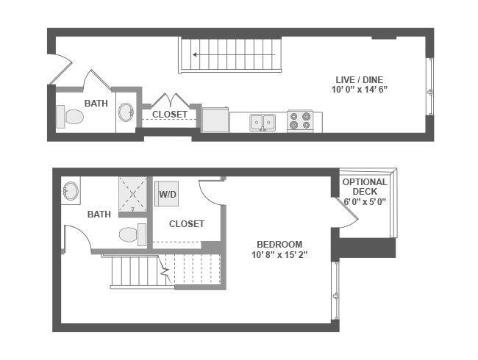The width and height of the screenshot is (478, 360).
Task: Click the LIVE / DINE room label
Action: (359, 80)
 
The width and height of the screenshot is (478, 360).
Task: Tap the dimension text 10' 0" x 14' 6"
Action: (360, 90)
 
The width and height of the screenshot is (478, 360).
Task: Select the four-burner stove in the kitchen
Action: (300, 121)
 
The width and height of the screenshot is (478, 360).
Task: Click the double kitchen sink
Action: (263, 122)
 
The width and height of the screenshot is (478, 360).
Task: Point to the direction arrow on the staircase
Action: (234, 55)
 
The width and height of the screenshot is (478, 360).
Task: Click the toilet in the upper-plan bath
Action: (70, 117)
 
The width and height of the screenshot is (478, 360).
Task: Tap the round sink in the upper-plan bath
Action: (126, 112)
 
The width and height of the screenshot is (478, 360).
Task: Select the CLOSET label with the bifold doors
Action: (170, 115)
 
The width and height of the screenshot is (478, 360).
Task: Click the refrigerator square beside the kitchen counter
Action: (215, 120)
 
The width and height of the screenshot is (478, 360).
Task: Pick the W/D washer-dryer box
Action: (167, 194)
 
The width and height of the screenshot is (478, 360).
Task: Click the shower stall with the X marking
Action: (133, 194)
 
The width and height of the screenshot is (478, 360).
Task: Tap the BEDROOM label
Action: (279, 244)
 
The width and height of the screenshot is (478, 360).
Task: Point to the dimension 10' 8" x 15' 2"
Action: (279, 255)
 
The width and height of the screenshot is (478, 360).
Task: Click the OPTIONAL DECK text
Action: (365, 187)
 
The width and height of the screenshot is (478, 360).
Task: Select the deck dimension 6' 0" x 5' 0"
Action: (365, 201)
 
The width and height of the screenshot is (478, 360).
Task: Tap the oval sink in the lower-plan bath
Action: (71, 191)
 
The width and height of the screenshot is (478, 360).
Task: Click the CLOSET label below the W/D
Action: (187, 224)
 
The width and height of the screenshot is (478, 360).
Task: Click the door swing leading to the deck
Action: (348, 212)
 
